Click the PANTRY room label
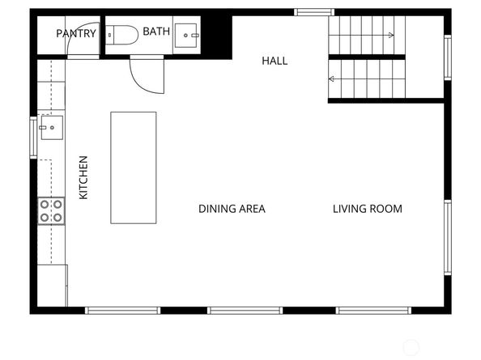pos(76,34)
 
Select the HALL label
pos(275,61)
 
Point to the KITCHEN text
pos(83,178)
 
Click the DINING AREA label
pos(232,209)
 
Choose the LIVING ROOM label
pos(367,209)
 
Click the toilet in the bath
pos(122,35)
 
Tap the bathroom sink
pos(190,35)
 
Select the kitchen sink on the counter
pos(51,127)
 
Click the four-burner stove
pos(52,211)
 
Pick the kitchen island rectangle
pos(134,167)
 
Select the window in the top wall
pos(314,12)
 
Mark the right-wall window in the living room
pos(447,238)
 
